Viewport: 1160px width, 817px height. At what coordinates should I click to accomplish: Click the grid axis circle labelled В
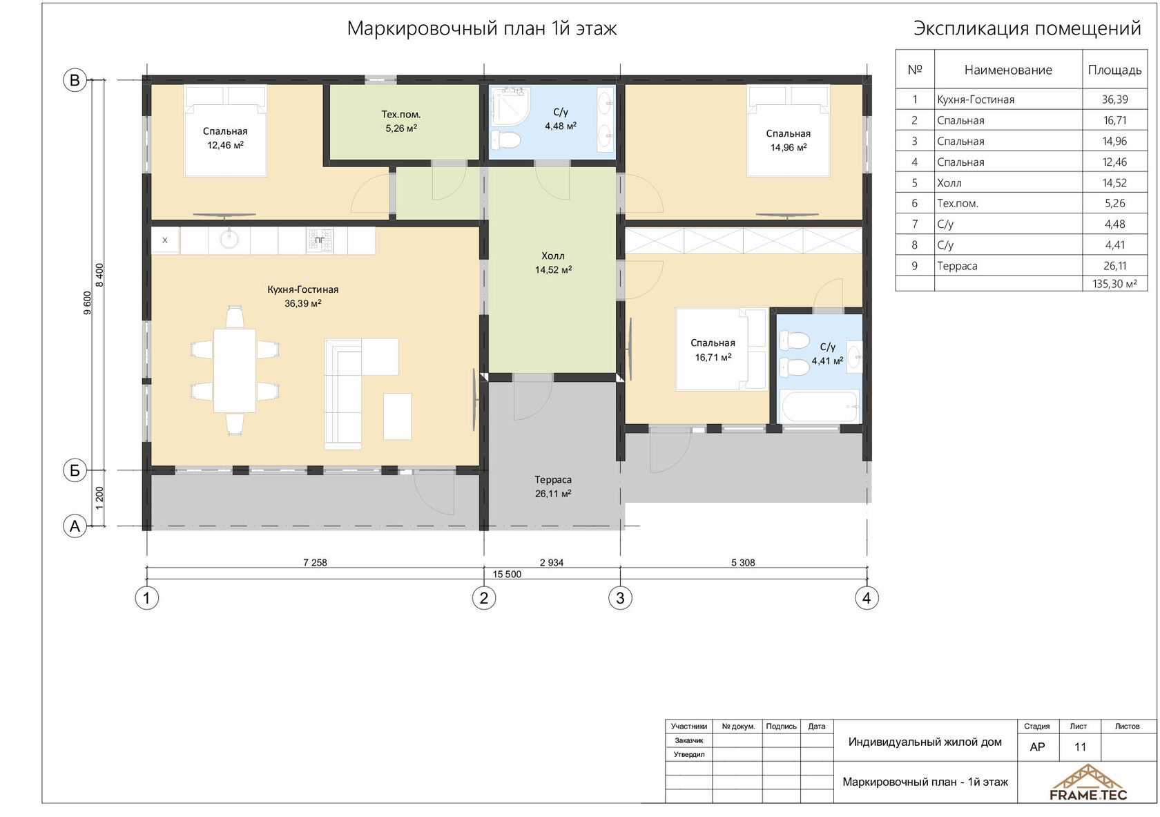75,80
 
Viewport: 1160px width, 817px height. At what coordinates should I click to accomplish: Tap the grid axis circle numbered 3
620,598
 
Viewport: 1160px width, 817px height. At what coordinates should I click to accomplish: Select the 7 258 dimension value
315,563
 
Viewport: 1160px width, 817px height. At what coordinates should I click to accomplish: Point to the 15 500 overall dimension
507,574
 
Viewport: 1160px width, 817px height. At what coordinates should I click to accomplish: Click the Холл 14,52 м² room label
553,262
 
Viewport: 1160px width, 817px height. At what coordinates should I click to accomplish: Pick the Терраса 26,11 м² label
553,486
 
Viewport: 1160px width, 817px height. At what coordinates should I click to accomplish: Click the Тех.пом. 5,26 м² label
400,122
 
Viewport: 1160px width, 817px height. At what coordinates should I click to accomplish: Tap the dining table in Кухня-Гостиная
235,370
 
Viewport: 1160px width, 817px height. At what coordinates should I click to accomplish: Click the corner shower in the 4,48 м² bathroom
511,107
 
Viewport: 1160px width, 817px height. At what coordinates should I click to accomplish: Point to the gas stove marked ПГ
320,240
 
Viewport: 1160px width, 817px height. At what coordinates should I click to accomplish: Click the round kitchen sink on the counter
229,239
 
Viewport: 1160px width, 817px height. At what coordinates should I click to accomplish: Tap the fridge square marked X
165,240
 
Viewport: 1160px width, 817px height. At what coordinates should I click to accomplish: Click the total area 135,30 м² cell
1114,284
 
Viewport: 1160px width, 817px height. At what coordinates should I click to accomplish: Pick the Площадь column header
1114,70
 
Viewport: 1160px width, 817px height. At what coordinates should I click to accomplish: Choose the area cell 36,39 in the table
1114,99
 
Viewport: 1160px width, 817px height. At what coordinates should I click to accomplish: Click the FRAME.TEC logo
1088,782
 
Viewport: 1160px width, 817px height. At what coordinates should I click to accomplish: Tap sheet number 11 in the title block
1080,747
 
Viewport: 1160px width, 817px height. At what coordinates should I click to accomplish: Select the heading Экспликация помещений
1027,28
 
